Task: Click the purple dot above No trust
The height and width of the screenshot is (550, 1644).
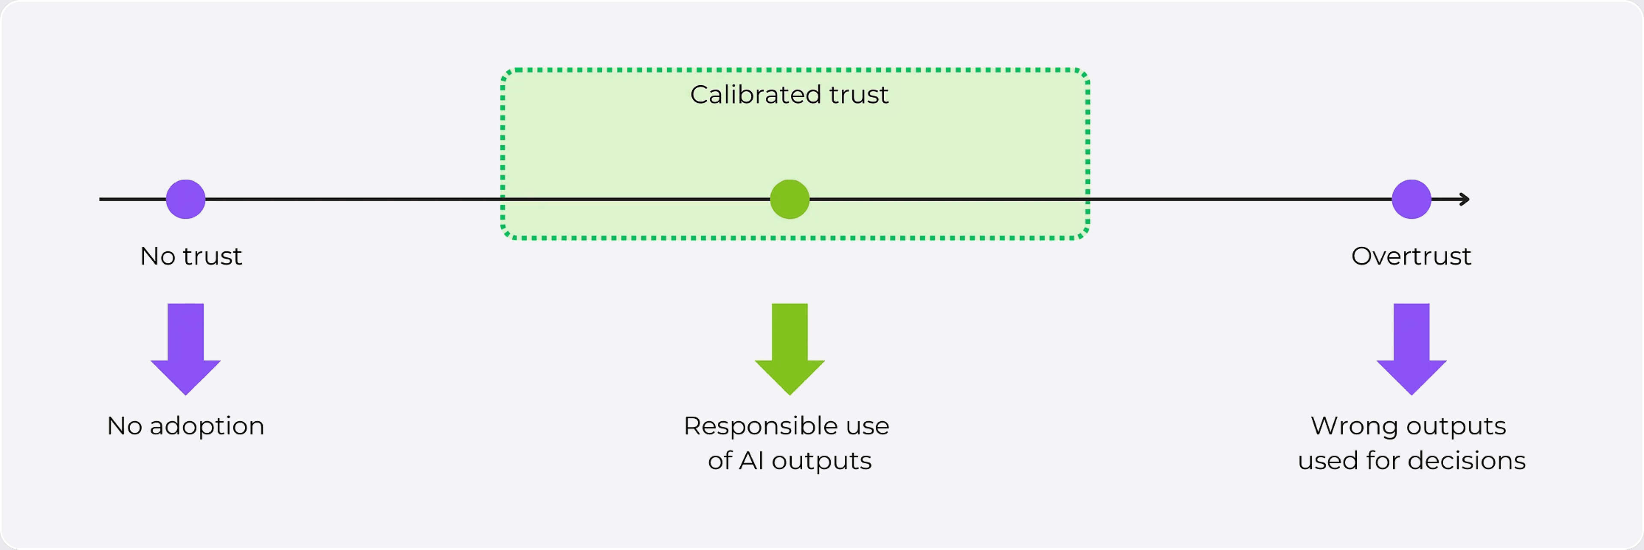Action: click(x=186, y=199)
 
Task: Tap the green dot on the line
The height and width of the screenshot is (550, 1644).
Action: click(x=789, y=199)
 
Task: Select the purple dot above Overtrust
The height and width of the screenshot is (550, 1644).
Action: click(x=1411, y=199)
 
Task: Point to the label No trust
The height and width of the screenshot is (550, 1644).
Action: click(x=191, y=256)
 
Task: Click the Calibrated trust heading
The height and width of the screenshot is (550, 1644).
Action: click(x=789, y=95)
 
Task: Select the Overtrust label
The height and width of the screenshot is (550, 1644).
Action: click(x=1411, y=256)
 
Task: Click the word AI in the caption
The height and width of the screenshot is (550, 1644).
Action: click(x=751, y=460)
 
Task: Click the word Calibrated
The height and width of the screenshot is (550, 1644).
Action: click(x=756, y=95)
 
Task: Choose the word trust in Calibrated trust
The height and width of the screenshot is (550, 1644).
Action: click(x=859, y=95)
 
